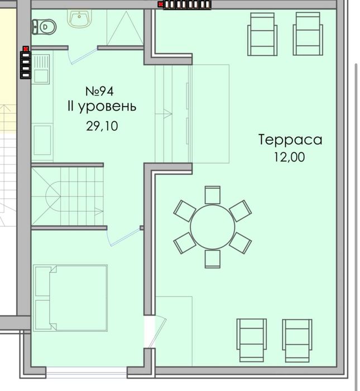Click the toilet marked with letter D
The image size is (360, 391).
43,26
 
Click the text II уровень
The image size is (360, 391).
101,106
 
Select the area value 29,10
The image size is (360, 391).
102,126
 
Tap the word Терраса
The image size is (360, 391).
290,140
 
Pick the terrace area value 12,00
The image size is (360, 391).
289,158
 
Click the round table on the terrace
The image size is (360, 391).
213,227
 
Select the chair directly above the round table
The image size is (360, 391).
213,195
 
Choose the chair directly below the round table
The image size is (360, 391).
213,259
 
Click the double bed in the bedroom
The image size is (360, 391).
70,298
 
